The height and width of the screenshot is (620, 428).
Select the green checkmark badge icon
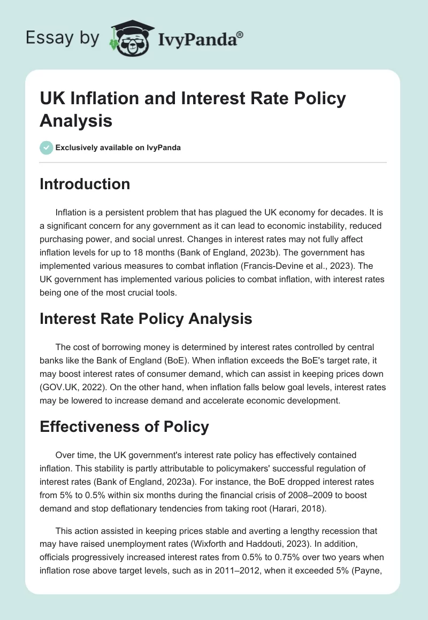(47, 148)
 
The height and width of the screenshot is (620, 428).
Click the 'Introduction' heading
(85, 184)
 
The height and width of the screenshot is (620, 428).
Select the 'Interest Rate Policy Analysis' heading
(146, 319)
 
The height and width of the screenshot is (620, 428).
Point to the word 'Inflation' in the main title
(97, 99)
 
